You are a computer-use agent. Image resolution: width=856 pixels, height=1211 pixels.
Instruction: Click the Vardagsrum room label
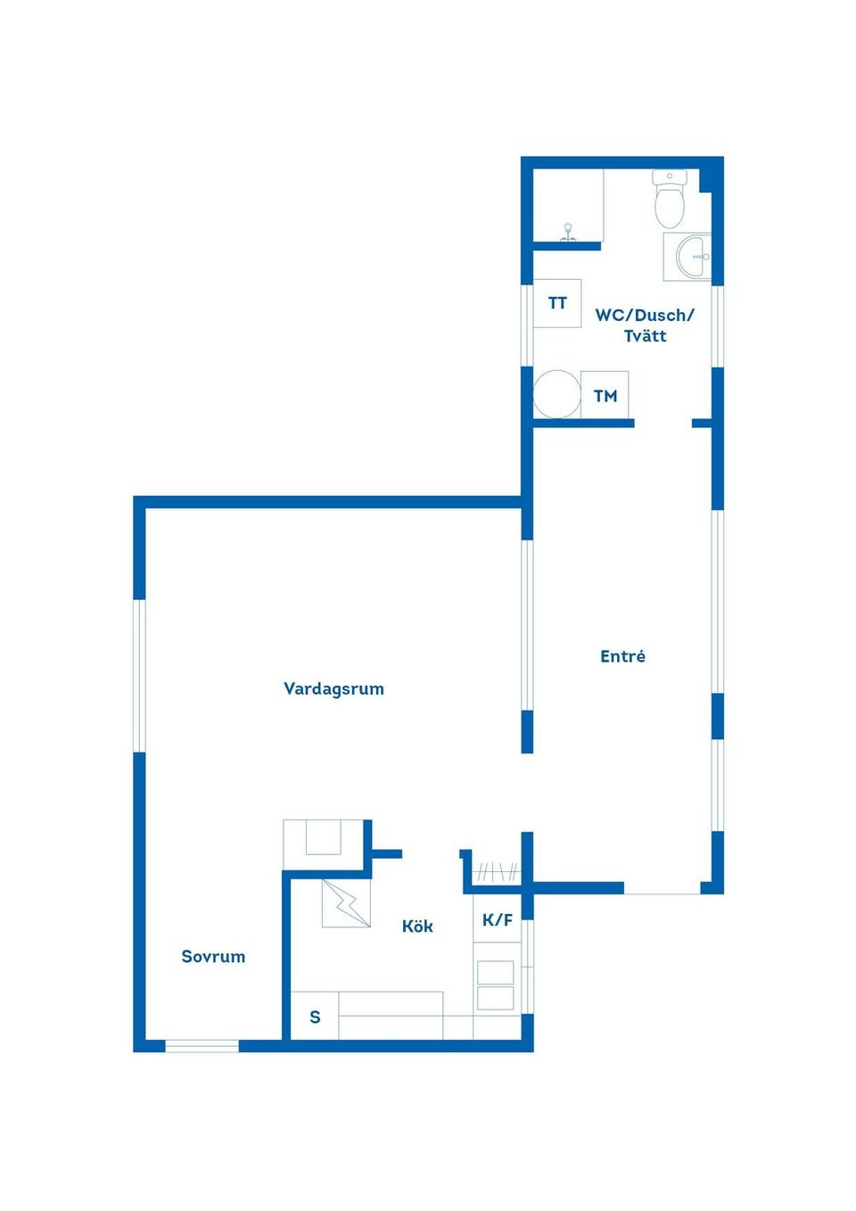[333, 688]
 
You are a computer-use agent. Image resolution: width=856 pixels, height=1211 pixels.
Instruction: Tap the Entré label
[622, 655]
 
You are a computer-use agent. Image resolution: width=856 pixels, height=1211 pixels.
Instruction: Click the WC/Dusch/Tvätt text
[645, 325]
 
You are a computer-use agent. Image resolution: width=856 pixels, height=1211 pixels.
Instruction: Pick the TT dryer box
[557, 303]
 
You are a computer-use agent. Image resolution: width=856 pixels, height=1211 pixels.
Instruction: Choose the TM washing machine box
[605, 395]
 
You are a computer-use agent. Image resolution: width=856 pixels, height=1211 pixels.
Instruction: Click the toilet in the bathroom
[670, 199]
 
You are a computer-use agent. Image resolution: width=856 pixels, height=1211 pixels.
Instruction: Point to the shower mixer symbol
[567, 233]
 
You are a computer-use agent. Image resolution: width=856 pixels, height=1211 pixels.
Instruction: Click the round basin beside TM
[556, 394]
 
